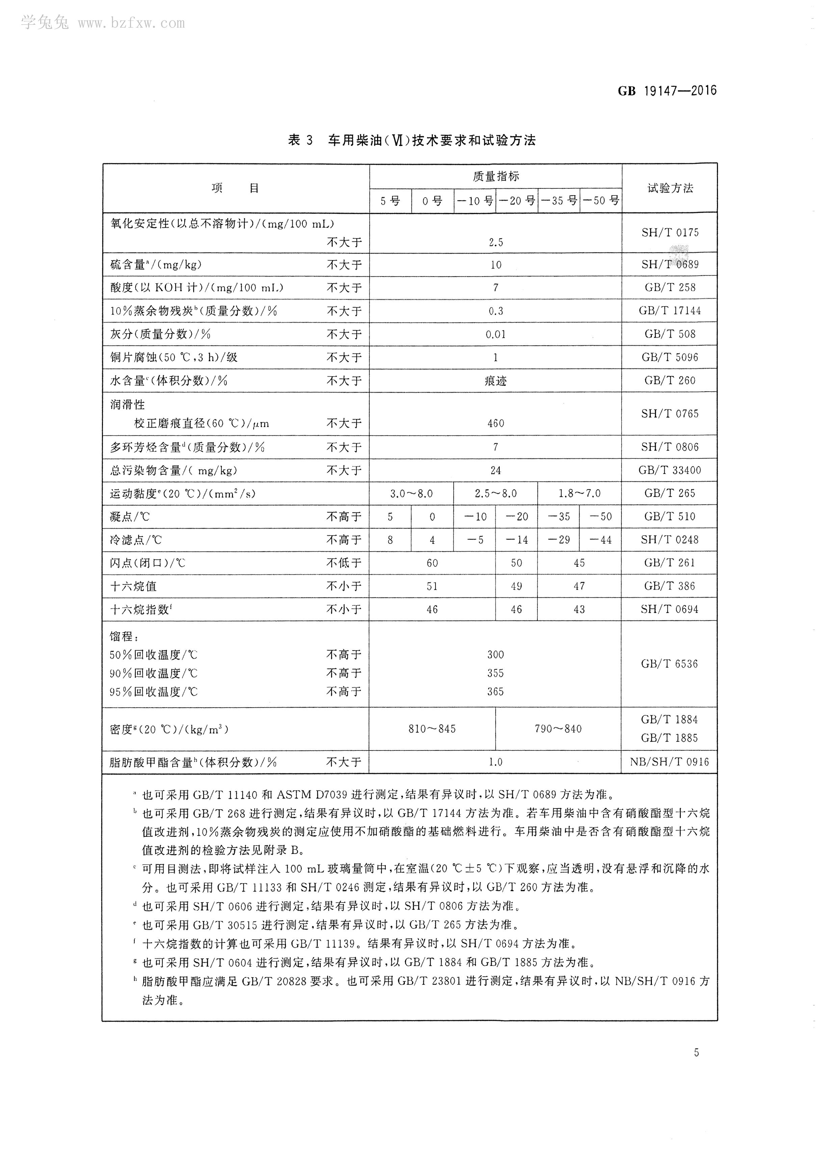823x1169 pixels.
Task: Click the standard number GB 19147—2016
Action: coord(667,91)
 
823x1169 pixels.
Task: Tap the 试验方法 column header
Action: coord(670,188)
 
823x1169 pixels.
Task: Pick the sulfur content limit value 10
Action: coord(496,265)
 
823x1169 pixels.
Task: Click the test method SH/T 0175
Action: coord(670,233)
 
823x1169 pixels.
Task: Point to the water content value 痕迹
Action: coord(496,381)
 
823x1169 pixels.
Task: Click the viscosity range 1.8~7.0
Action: coord(579,494)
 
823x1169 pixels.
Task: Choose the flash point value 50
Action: coord(516,563)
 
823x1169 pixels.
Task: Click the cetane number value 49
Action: coord(516,586)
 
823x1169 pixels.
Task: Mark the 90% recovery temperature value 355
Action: coord(496,673)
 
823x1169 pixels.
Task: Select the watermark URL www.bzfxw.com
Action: coord(131,23)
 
